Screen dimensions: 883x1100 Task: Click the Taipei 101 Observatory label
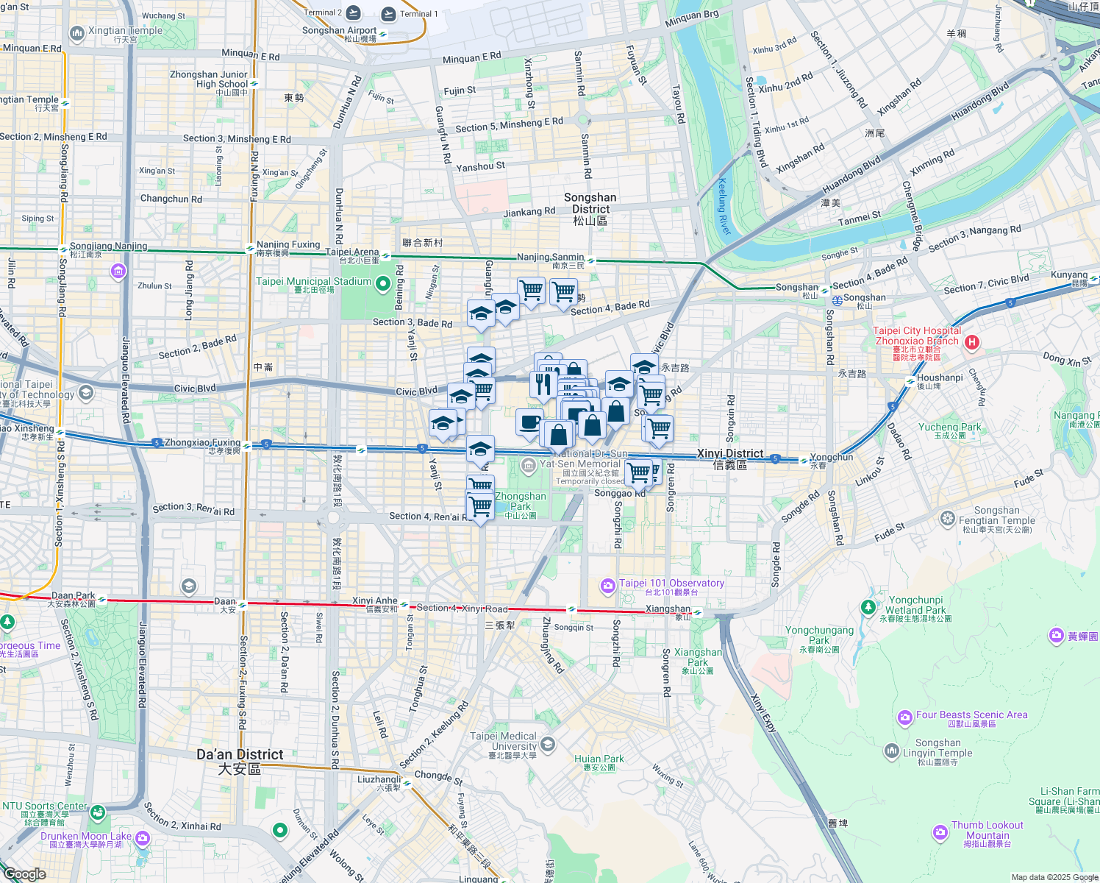click(671, 584)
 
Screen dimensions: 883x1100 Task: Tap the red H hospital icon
click(972, 342)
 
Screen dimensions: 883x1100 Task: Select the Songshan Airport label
click(339, 31)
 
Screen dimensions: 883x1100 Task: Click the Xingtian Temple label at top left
click(125, 31)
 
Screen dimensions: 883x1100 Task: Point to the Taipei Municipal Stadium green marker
click(382, 283)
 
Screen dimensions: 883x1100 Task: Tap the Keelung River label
click(724, 207)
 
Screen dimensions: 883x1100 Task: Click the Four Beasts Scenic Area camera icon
click(904, 717)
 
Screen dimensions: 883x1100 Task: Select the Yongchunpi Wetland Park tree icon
click(868, 607)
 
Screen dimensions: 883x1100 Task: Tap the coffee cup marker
click(529, 423)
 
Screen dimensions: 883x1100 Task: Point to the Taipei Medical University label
click(504, 741)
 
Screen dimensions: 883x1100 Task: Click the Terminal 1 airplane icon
click(387, 13)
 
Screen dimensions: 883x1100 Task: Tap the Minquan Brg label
click(691, 18)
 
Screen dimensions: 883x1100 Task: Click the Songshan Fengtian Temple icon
click(947, 519)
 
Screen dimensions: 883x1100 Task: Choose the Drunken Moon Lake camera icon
click(143, 837)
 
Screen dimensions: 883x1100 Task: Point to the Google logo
click(24, 874)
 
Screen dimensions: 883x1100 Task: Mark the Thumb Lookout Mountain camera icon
click(940, 832)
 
